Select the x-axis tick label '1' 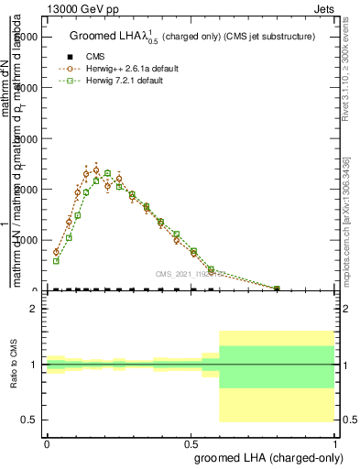336,443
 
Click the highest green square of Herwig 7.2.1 107,173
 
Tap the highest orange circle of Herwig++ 96,169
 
